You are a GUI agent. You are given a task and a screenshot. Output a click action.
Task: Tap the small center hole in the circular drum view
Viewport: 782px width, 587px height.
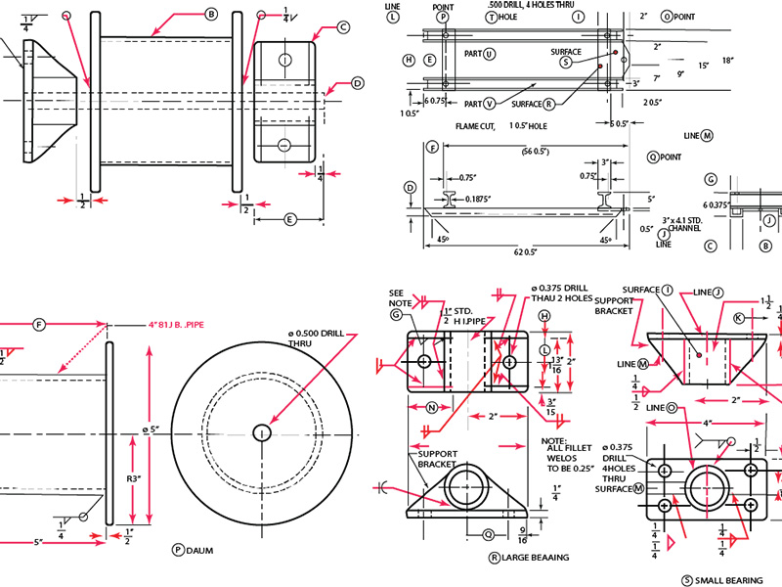click(262, 432)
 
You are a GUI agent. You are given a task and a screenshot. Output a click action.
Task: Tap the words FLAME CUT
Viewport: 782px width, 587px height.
click(475, 126)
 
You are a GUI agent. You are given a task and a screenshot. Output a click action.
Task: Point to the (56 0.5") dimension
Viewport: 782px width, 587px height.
click(521, 151)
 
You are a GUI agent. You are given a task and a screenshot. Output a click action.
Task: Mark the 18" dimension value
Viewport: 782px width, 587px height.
click(727, 60)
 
